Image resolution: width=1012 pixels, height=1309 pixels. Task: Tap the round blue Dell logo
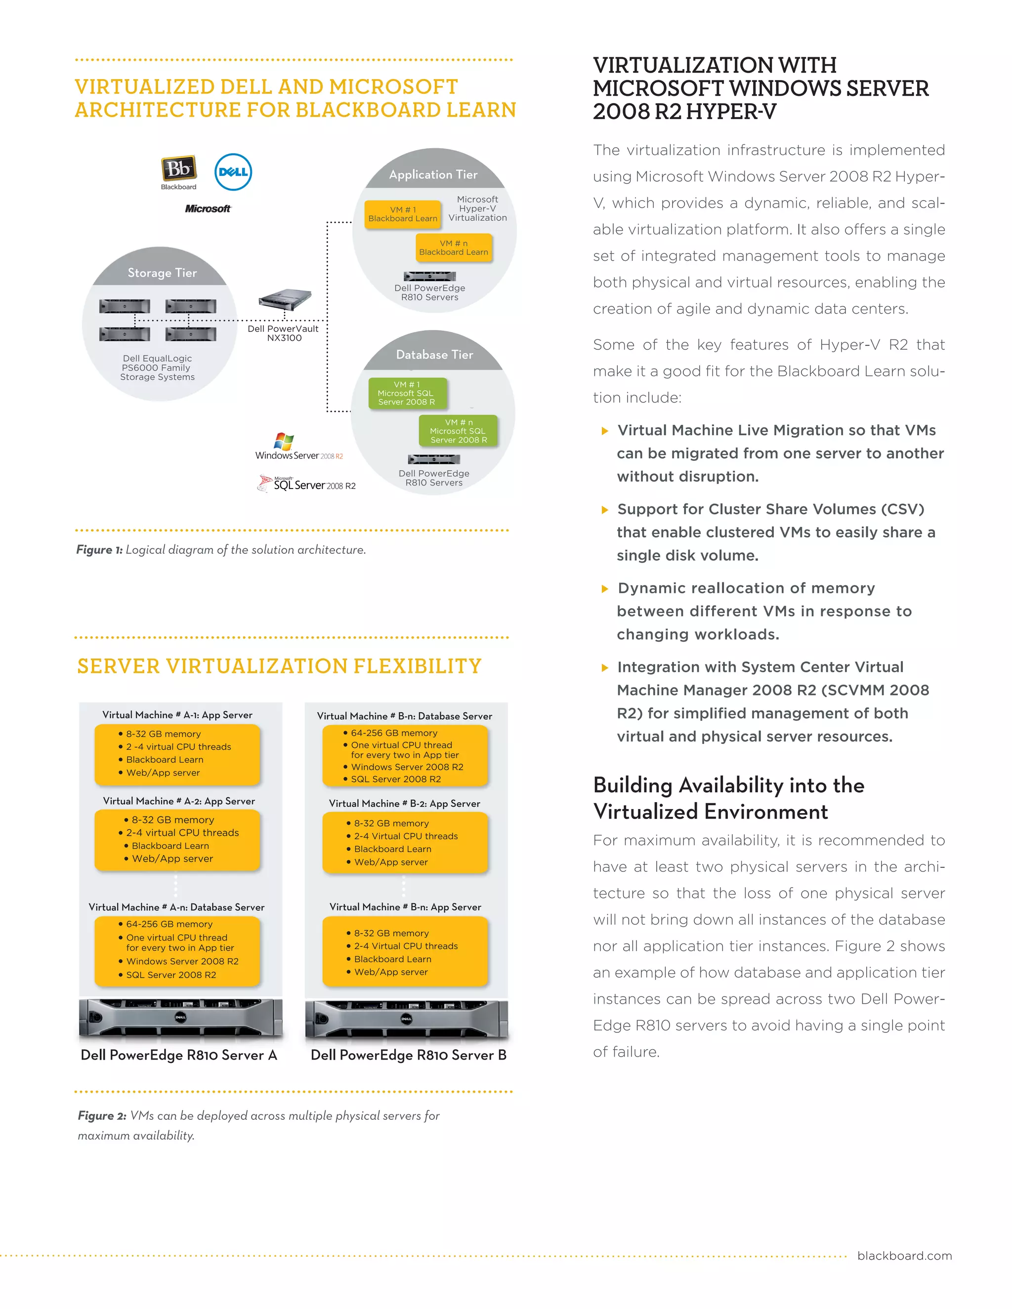233,172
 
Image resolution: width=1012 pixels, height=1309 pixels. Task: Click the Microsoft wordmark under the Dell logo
208,208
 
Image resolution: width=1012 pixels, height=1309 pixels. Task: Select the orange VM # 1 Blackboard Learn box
403,214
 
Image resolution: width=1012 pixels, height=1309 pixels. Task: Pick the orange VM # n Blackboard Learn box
454,248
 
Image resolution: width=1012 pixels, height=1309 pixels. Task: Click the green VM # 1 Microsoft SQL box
407,393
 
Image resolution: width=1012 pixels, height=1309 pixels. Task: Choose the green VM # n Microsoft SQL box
459,431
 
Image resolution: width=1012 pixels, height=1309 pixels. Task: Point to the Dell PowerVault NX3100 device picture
286,298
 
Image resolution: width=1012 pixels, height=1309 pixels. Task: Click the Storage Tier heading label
162,273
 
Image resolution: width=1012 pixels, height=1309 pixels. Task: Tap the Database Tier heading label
435,355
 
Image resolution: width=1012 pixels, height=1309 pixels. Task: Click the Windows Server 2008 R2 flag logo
284,442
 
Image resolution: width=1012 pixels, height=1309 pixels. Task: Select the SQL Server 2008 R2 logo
307,484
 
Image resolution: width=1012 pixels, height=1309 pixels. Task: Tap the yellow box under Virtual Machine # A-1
177,754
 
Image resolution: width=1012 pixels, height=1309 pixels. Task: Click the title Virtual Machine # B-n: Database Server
405,716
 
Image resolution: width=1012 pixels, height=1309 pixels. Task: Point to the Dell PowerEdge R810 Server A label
179,1056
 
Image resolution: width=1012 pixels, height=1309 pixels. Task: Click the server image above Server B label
407,1019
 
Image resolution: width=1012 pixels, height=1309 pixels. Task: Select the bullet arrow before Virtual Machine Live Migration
605,431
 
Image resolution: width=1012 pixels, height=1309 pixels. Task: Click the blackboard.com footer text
904,1256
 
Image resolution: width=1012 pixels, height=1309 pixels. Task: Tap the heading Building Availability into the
728,785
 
